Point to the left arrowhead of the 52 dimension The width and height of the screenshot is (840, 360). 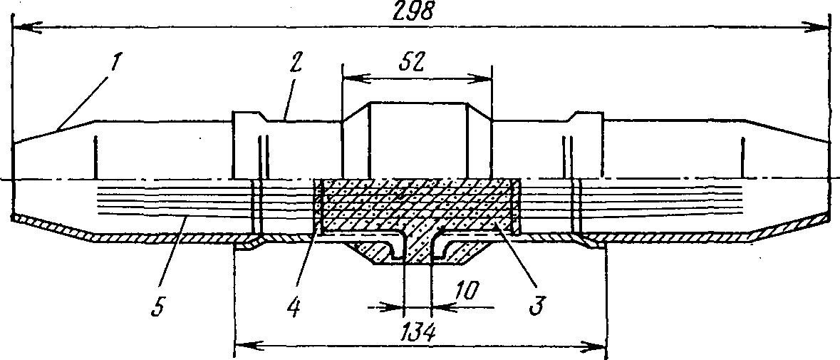(348, 75)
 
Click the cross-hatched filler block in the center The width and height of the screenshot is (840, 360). (417, 207)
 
